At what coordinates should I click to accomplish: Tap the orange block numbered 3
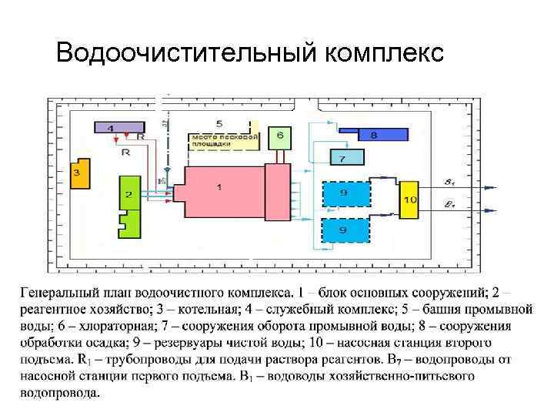[79, 174]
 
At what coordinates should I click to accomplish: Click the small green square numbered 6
[279, 138]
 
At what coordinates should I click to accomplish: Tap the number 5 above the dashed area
[219, 123]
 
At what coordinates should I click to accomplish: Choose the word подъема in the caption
[47, 359]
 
